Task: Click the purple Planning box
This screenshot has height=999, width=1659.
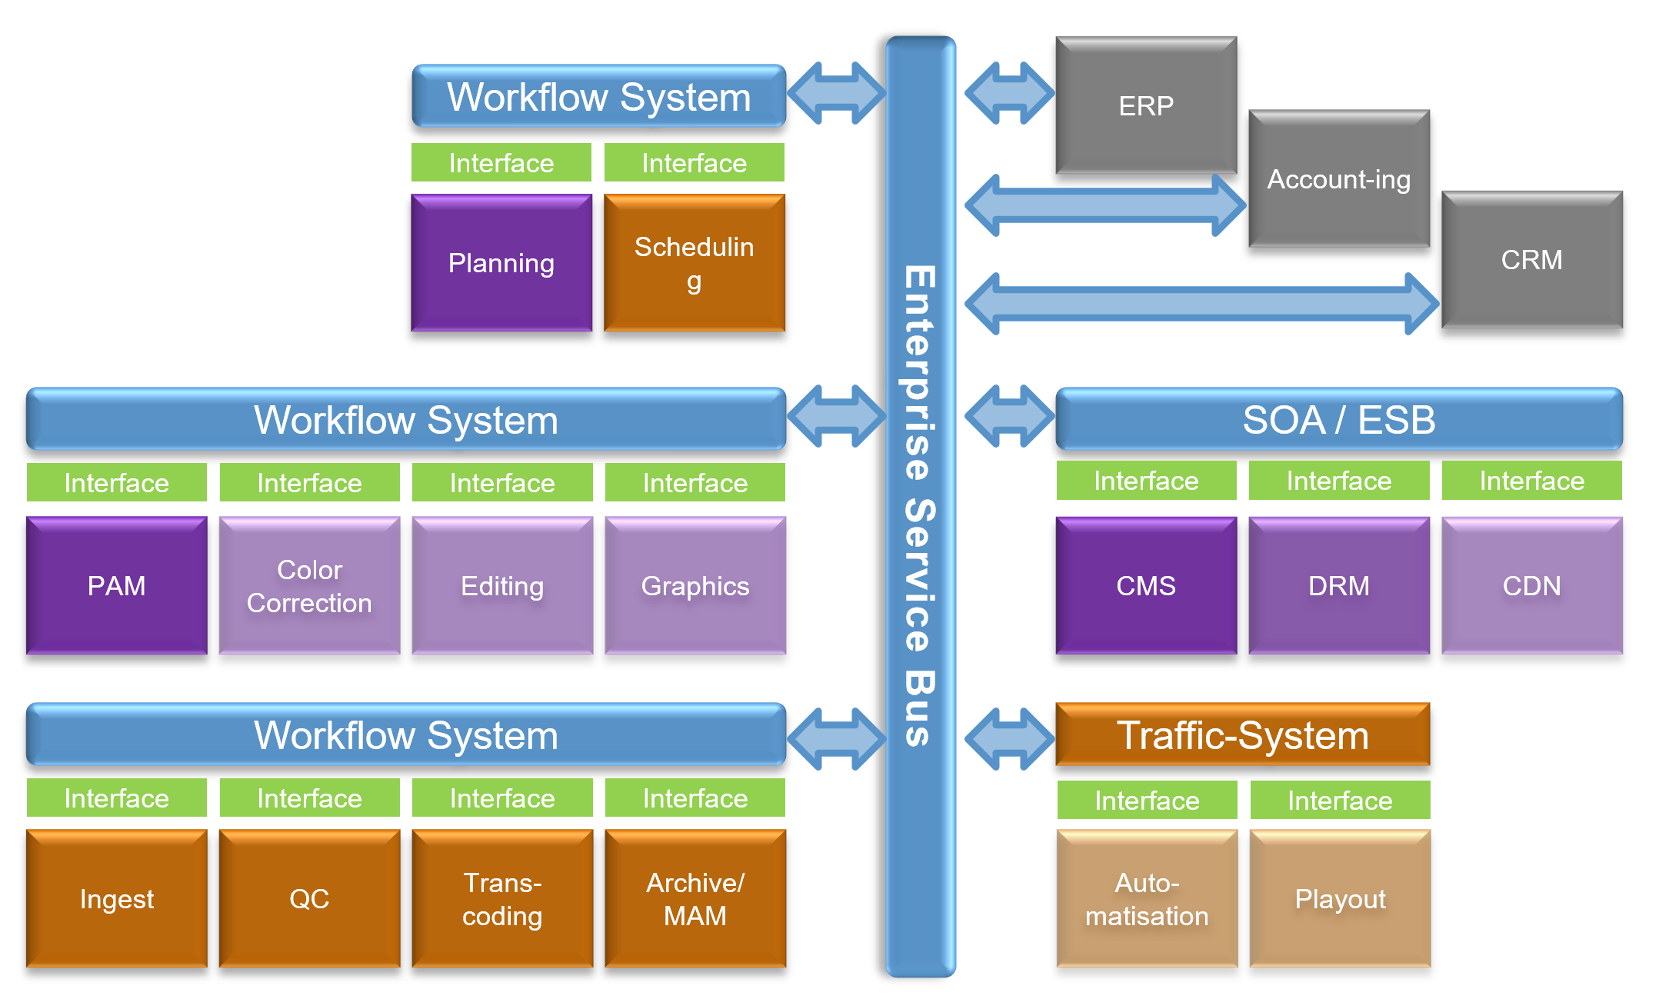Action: pyautogui.click(x=501, y=263)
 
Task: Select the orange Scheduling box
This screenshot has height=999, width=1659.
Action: pyautogui.click(x=695, y=263)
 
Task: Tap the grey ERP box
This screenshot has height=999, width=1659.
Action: pyautogui.click(x=1146, y=105)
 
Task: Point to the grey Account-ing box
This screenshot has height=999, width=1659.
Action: pyautogui.click(x=1339, y=179)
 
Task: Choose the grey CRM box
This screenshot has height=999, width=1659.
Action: pyautogui.click(x=1532, y=260)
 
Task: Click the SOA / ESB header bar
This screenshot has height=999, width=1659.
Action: pyautogui.click(x=1339, y=420)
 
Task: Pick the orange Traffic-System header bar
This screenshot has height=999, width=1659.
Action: pyautogui.click(x=1243, y=735)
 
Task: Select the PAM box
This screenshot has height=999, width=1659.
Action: pyautogui.click(x=117, y=586)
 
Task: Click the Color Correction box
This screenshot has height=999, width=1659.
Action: pyautogui.click(x=309, y=586)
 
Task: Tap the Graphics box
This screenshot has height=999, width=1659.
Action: pyautogui.click(x=695, y=586)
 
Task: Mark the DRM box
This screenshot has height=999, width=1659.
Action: pyautogui.click(x=1339, y=586)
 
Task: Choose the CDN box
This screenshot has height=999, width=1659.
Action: pyautogui.click(x=1532, y=586)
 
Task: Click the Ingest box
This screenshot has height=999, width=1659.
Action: pyautogui.click(x=117, y=898)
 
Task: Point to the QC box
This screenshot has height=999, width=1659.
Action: pyautogui.click(x=309, y=898)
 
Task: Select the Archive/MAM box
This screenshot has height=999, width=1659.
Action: pyautogui.click(x=695, y=898)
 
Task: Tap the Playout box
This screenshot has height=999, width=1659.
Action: pyautogui.click(x=1340, y=898)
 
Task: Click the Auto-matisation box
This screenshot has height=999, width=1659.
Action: pyautogui.click(x=1147, y=898)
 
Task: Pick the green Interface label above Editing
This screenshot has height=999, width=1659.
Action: pyautogui.click(x=502, y=483)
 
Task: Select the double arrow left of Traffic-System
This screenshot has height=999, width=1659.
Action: pyautogui.click(x=1009, y=739)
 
